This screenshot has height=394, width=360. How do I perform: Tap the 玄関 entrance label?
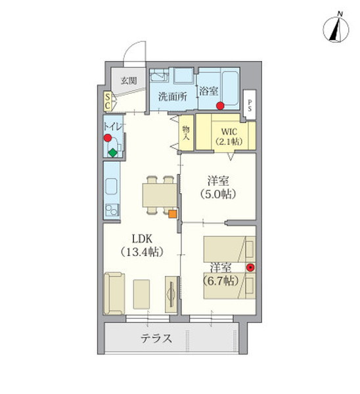pyautogui.click(x=127, y=81)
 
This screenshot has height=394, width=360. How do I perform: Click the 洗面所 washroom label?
pyautogui.click(x=172, y=96)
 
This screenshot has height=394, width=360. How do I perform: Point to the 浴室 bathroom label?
pyautogui.click(x=209, y=92)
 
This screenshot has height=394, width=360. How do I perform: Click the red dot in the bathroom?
pyautogui.click(x=221, y=106)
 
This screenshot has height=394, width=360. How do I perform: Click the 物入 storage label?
pyautogui.click(x=186, y=133)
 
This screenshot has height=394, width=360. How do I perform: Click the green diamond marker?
pyautogui.click(x=112, y=154)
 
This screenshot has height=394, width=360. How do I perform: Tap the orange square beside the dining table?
pyautogui.click(x=172, y=213)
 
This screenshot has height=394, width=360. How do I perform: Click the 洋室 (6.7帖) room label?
pyautogui.click(x=220, y=274)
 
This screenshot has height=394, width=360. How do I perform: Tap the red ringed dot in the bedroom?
pyautogui.click(x=250, y=267)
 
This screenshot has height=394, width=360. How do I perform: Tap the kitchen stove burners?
pyautogui.click(x=110, y=211)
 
